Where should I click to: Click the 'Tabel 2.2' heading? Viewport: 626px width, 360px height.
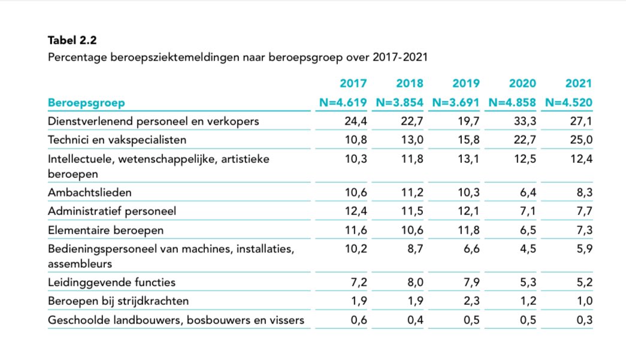click(72, 41)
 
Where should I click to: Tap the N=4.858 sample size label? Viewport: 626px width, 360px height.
click(513, 102)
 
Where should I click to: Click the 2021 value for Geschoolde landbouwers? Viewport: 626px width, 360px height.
click(583, 320)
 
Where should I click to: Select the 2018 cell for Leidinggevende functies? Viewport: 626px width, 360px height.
click(414, 282)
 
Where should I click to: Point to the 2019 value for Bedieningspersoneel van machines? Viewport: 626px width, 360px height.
click(470, 249)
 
